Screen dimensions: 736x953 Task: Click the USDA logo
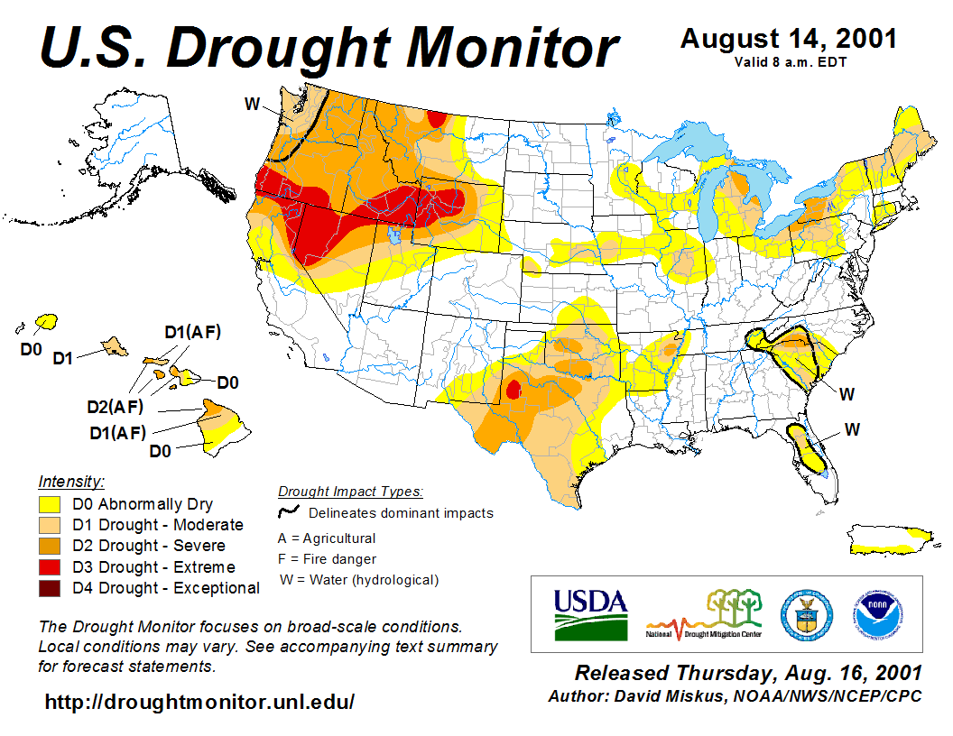[x=590, y=612]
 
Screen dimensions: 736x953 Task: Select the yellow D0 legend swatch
[x=49, y=504]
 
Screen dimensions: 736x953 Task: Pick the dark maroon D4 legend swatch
[x=49, y=588]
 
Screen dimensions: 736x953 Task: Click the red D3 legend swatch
[x=49, y=567]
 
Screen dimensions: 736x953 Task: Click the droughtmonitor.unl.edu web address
[x=199, y=701]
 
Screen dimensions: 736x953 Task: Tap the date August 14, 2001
[x=788, y=39]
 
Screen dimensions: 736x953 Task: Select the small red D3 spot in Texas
[x=514, y=390]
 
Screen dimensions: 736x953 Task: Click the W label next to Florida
[x=852, y=429]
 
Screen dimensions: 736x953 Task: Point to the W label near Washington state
[x=252, y=104]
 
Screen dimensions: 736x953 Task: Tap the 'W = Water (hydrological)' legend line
[x=359, y=579]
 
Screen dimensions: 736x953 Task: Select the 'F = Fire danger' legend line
[x=327, y=558]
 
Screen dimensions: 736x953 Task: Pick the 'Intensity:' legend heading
[x=71, y=481]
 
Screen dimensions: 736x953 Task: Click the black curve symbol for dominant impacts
[x=289, y=512]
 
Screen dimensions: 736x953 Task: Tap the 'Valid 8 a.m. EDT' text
[x=789, y=61]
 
